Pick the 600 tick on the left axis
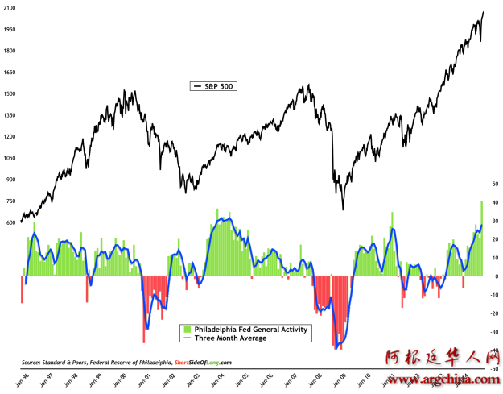click(x=10, y=222)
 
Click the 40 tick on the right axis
click(x=493, y=201)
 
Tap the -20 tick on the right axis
click(x=493, y=313)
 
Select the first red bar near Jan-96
click(x=22, y=289)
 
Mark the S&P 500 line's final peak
click(x=484, y=11)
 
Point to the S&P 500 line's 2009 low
click(x=343, y=209)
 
